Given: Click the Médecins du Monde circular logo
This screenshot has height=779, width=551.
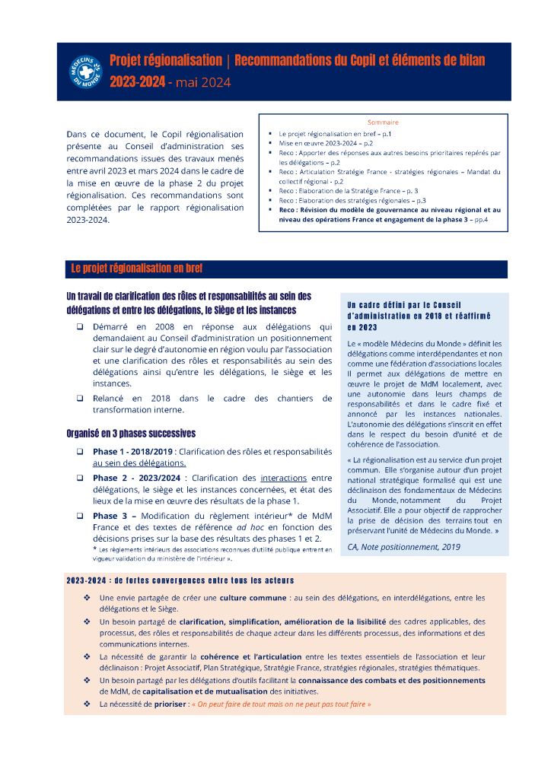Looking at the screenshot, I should coord(85,72).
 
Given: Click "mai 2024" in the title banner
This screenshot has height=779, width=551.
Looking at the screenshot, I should coord(202,82).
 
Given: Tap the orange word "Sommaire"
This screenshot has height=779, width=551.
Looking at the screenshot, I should coord(383,122).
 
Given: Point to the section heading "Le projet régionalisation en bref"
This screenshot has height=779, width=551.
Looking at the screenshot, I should coord(137,269).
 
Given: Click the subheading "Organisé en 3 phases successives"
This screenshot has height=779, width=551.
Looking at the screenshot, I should coord(131,434).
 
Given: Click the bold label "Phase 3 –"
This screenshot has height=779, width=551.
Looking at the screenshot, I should coord(114,516).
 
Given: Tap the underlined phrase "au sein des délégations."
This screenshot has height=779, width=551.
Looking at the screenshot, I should coord(139,463).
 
